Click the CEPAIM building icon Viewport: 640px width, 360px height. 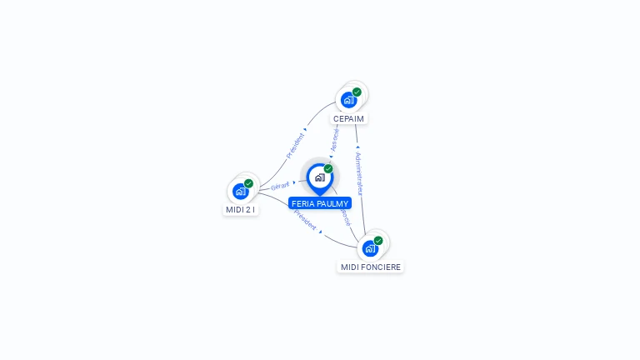point(348,100)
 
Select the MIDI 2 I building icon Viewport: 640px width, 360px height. point(240,191)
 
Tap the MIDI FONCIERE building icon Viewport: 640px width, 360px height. point(370,248)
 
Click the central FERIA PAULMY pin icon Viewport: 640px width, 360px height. point(319,177)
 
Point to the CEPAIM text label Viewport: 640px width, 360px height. point(348,119)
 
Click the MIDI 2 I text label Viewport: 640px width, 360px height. point(241,210)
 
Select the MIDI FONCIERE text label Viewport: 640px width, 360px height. point(371,267)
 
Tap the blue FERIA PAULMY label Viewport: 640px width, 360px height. point(320,203)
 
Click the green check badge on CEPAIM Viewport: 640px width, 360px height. point(357,92)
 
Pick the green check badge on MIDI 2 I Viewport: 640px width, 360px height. point(248,183)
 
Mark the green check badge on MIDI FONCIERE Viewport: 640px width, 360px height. point(378,241)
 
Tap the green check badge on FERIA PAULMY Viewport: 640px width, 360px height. point(328,169)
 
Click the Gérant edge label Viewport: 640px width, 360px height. point(280,185)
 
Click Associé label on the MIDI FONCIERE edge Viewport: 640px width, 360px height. point(345,217)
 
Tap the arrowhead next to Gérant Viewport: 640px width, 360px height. point(294,182)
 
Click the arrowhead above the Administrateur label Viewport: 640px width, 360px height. point(357,147)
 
